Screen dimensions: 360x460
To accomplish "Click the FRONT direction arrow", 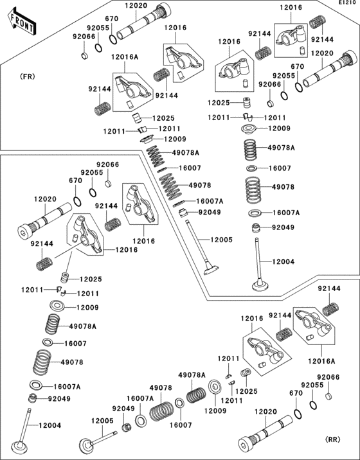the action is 22,22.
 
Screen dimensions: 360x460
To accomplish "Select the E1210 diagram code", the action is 348,3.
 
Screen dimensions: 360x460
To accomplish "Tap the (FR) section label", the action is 27,76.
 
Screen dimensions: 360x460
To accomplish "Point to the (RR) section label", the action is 333,439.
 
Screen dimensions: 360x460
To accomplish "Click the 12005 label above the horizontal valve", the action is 102,421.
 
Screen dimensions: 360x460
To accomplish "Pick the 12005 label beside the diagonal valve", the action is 221,240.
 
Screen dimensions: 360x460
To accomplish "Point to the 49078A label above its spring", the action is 192,375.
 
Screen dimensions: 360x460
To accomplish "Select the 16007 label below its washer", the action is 181,425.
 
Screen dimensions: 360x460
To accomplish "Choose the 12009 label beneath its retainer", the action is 215,411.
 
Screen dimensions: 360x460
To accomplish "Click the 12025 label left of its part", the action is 219,103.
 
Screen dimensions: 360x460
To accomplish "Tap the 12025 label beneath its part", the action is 246,391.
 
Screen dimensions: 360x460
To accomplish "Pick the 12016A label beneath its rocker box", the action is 321,361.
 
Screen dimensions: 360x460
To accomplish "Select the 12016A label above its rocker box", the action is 125,57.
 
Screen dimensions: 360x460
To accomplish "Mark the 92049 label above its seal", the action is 123,409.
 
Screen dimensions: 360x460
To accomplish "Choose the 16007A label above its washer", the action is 140,398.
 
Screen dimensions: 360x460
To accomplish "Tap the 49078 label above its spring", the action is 161,387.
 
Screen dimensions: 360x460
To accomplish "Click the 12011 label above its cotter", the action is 228,358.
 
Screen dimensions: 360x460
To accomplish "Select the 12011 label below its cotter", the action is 231,400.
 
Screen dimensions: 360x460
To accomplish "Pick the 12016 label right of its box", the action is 126,250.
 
